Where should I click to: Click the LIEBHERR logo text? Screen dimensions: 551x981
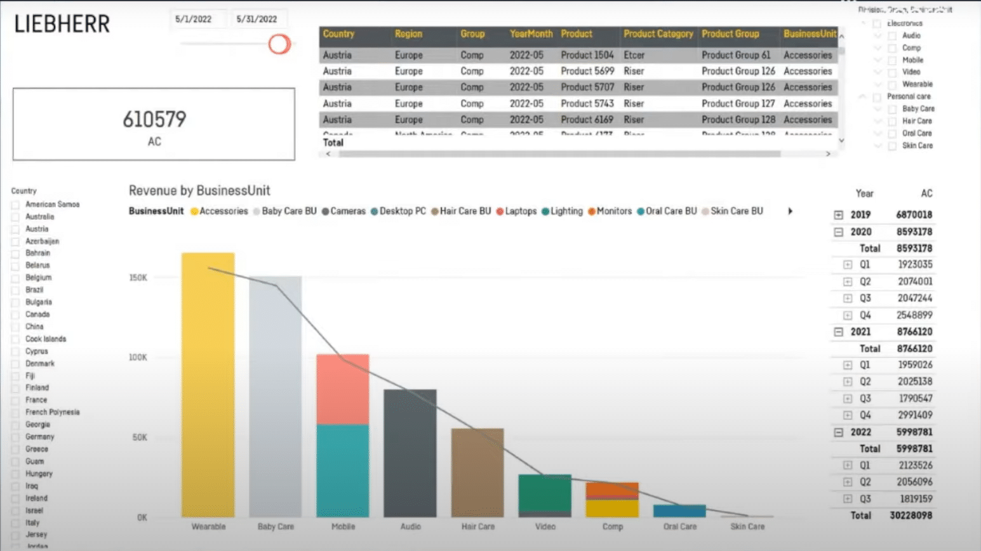point(62,24)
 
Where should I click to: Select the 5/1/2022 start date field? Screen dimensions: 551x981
point(194,19)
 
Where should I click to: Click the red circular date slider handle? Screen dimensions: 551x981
point(279,44)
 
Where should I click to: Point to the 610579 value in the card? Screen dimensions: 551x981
point(154,119)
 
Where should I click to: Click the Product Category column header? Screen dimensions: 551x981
point(658,34)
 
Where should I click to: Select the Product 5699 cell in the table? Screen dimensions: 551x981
point(587,71)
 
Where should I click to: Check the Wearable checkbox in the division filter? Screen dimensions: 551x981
point(892,85)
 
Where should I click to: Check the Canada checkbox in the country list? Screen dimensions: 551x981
point(15,315)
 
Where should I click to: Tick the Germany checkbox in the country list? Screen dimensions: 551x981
point(15,437)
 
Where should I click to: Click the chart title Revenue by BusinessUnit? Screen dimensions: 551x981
point(199,191)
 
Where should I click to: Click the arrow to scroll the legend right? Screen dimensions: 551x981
point(790,211)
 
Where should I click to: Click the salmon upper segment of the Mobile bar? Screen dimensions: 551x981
point(343,389)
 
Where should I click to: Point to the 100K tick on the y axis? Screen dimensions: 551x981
point(138,357)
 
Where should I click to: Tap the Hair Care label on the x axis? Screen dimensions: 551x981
point(477,527)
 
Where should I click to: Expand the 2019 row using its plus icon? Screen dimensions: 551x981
point(838,215)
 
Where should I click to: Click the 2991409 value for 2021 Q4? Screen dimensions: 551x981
point(915,415)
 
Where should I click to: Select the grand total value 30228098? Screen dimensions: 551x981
point(911,515)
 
